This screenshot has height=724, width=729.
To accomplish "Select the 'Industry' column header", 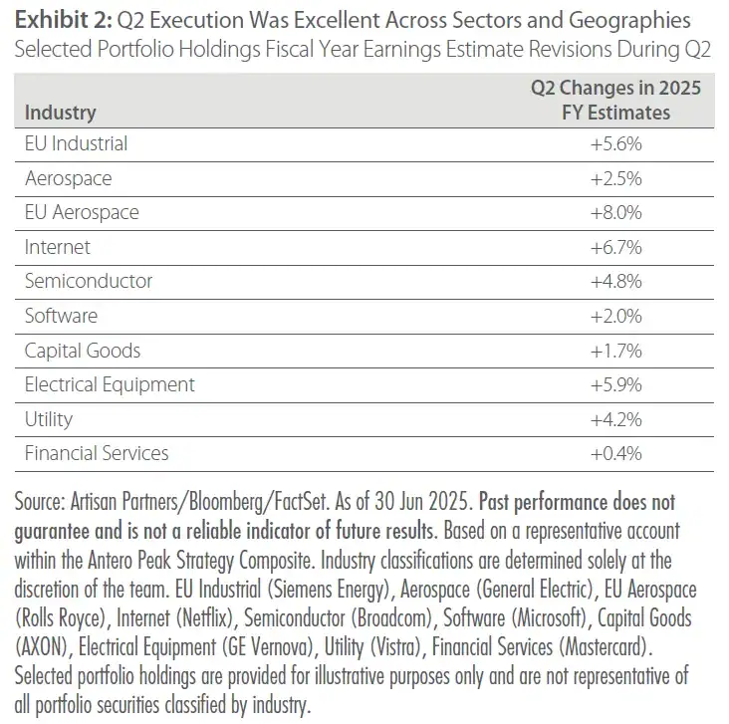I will pyautogui.click(x=60, y=112).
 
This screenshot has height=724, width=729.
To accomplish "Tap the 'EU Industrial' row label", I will pyautogui.click(x=76, y=143).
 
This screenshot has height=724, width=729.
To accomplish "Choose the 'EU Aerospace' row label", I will pyautogui.click(x=82, y=212).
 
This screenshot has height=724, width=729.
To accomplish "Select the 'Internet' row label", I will pyautogui.click(x=58, y=246).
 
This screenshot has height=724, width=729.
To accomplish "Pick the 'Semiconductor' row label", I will pyautogui.click(x=89, y=281).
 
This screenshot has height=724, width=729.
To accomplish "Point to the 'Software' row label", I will pyautogui.click(x=61, y=316).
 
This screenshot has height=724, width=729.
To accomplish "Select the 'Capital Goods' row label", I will pyautogui.click(x=83, y=351).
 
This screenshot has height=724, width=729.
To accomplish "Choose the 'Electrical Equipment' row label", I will pyautogui.click(x=110, y=384).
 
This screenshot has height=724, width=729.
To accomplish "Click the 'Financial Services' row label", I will pyautogui.click(x=97, y=453).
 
